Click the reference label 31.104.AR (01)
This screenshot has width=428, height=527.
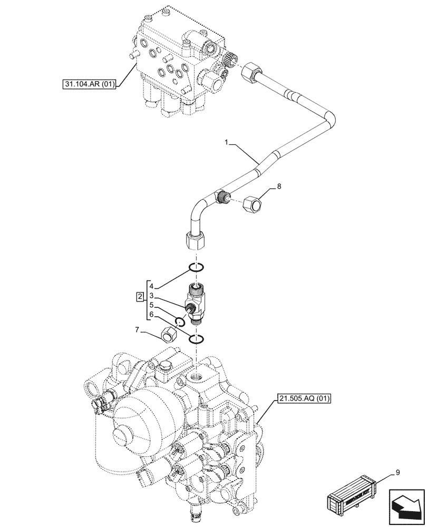[88, 83]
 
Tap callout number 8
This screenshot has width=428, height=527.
[279, 187]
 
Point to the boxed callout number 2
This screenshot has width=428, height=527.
[139, 296]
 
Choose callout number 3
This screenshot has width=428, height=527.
[151, 296]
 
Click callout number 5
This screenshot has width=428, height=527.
[151, 305]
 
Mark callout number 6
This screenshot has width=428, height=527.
[151, 314]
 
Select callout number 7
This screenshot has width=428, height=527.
[138, 330]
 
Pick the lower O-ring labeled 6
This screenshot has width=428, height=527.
[195, 339]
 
